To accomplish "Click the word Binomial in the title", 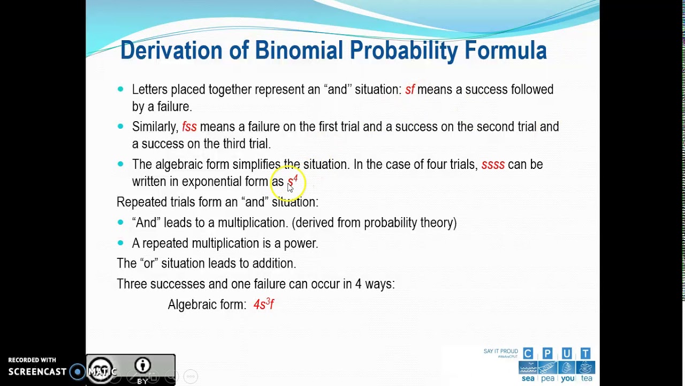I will pyautogui.click(x=298, y=50).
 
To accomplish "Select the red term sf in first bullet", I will pyautogui.click(x=409, y=90).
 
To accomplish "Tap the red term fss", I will pyautogui.click(x=189, y=127).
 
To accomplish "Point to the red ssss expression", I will pyautogui.click(x=492, y=165).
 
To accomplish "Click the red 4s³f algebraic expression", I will pyautogui.click(x=263, y=305).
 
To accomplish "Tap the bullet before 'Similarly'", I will pyautogui.click(x=120, y=126).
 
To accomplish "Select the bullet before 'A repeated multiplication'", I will pyautogui.click(x=120, y=243).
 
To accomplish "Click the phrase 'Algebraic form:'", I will pyautogui.click(x=207, y=305).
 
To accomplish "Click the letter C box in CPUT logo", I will pyautogui.click(x=528, y=353).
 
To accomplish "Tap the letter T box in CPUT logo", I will pyautogui.click(x=585, y=353).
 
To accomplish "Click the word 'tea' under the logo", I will pyautogui.click(x=587, y=378).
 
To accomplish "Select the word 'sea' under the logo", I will pyautogui.click(x=528, y=378).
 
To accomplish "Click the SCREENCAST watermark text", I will pyautogui.click(x=37, y=372).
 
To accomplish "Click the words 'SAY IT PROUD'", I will pyautogui.click(x=500, y=351).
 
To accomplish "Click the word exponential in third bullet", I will pyautogui.click(x=211, y=182).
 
